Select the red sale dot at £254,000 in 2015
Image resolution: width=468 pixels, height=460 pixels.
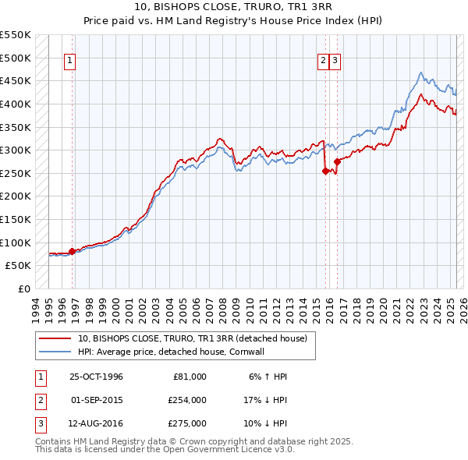(x=324, y=172)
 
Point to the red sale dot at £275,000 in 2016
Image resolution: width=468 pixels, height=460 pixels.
(x=337, y=161)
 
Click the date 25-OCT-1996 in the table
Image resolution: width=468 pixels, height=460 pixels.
(x=96, y=377)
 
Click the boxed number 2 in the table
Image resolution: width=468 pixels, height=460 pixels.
(x=40, y=400)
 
